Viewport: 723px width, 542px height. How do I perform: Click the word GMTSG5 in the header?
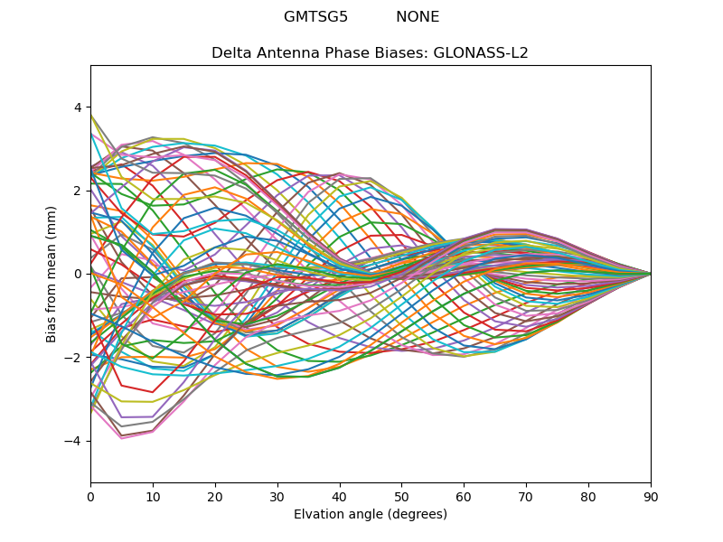click(x=315, y=17)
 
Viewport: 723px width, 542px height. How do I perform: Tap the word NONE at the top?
click(x=418, y=17)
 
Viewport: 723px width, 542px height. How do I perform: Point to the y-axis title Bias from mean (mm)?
click(x=52, y=274)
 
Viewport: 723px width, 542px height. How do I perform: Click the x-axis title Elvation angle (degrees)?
click(x=371, y=515)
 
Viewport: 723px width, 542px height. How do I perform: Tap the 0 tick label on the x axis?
click(x=90, y=496)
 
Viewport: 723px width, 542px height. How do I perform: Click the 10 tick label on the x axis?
click(x=153, y=496)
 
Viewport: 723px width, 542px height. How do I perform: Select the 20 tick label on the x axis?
click(x=215, y=496)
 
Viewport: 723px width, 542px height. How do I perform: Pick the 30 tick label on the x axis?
click(x=277, y=496)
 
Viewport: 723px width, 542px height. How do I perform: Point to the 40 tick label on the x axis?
click(x=340, y=496)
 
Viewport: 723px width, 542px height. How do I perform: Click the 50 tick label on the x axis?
click(x=401, y=496)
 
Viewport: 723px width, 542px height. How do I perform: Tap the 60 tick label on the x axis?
click(x=464, y=496)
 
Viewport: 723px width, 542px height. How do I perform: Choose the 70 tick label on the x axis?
click(x=526, y=496)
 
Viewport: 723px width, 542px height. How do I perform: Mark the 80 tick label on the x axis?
click(x=588, y=496)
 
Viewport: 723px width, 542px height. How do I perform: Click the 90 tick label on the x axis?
click(x=651, y=496)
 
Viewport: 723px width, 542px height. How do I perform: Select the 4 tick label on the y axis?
click(x=77, y=107)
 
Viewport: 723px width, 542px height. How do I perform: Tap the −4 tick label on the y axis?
click(x=73, y=441)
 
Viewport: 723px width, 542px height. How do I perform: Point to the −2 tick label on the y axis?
click(x=73, y=358)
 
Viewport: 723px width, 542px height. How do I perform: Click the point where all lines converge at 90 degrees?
click(x=651, y=274)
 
